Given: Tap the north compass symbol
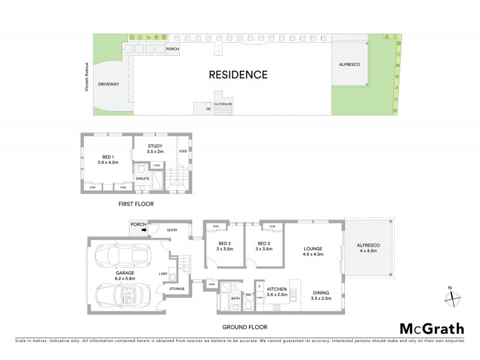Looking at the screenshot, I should click(453, 295).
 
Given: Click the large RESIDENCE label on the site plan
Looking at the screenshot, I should click(238, 75).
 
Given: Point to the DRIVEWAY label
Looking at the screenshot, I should click(109, 85).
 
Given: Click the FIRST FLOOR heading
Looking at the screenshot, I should click(136, 205).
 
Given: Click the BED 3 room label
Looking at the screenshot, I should click(264, 245).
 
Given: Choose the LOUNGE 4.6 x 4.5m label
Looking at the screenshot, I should click(313, 251).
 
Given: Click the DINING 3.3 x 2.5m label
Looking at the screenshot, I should click(322, 295).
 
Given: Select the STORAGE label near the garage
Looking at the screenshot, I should click(177, 289).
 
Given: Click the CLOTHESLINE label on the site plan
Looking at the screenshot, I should click(224, 104).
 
